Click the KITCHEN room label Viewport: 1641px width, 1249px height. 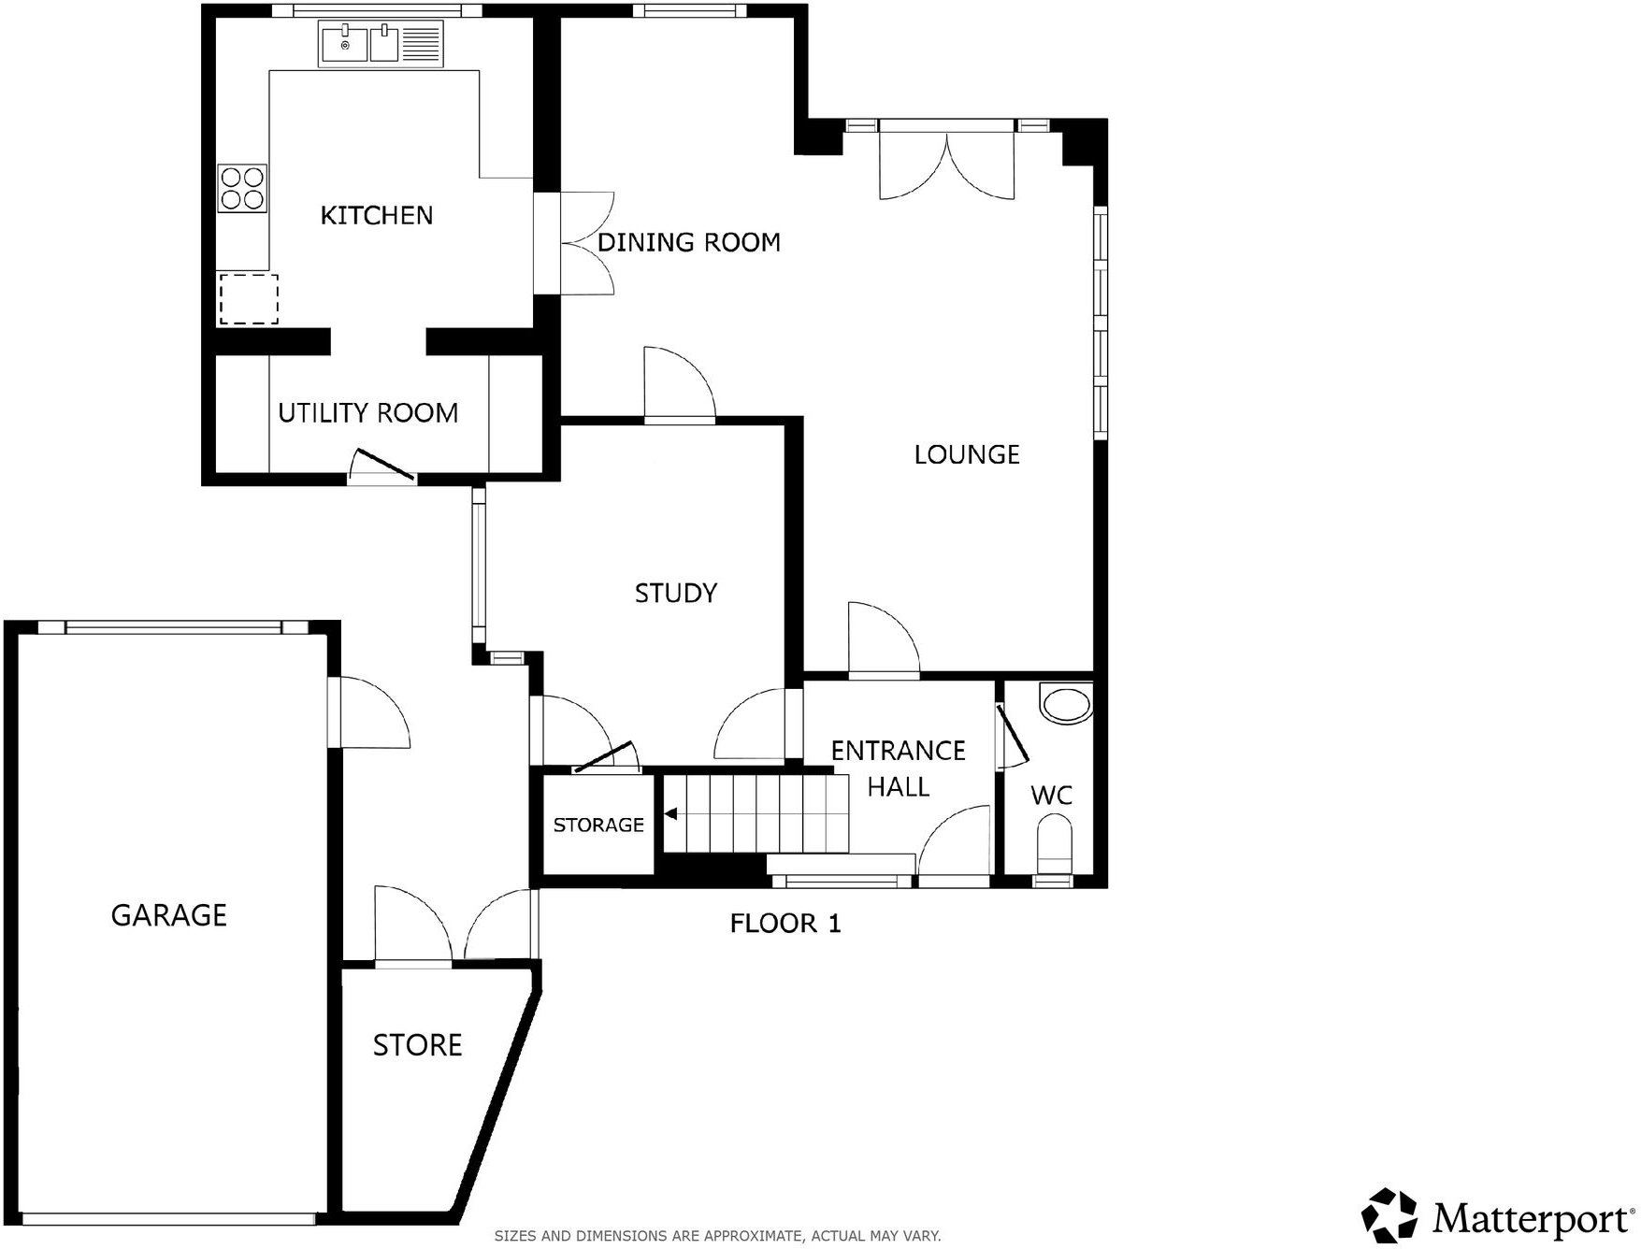click(x=377, y=216)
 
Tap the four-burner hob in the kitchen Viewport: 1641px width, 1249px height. click(x=242, y=188)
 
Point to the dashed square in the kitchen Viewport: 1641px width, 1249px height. click(x=249, y=299)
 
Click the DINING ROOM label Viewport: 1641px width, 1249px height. click(x=688, y=243)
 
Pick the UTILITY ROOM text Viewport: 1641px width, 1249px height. click(x=367, y=413)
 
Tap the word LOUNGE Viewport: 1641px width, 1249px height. click(x=966, y=455)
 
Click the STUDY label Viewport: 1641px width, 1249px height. click(x=675, y=594)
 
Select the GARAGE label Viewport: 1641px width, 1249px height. click(x=169, y=915)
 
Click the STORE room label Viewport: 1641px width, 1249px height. click(x=417, y=1045)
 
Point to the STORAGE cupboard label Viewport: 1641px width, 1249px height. click(x=598, y=825)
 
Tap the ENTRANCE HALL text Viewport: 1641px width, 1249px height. click(x=898, y=768)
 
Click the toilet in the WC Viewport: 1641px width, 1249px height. click(x=1055, y=840)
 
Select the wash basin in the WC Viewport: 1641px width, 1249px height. click(x=1066, y=703)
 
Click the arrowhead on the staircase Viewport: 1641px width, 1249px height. click(x=670, y=814)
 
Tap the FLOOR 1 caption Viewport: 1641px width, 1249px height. click(x=785, y=925)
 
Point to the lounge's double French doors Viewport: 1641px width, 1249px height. click(x=946, y=164)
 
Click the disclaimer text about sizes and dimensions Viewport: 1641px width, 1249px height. click(x=717, y=1236)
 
